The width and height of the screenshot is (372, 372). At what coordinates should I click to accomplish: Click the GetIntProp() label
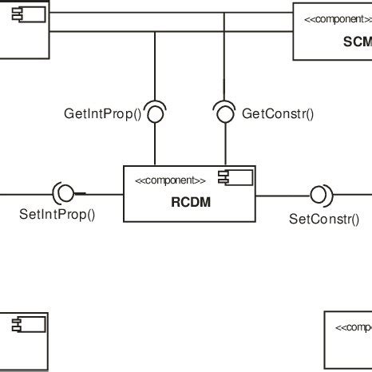coord(102,114)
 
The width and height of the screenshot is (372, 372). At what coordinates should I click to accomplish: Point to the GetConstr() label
coord(277,114)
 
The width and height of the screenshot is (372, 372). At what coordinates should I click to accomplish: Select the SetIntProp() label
coord(56,213)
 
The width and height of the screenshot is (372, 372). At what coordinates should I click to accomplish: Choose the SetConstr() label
coord(324,218)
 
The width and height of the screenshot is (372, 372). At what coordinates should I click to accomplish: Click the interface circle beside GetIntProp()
coord(156,114)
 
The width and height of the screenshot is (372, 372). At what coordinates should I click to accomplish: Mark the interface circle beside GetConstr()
coord(224,114)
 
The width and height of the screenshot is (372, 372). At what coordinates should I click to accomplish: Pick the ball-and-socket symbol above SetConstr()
coord(319,194)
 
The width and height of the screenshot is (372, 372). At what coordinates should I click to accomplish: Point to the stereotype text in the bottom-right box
coord(353,327)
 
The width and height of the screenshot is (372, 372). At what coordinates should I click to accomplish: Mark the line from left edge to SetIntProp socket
coord(24,192)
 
